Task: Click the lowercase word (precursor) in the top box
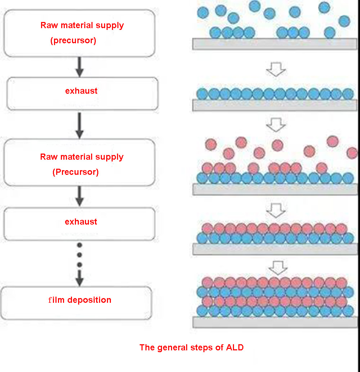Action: pyautogui.click(x=73, y=41)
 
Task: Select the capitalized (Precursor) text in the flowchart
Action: pyautogui.click(x=76, y=172)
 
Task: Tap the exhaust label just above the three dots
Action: pyautogui.click(x=81, y=222)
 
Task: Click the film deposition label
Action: pyautogui.click(x=80, y=300)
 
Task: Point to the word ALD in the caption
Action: pyautogui.click(x=235, y=347)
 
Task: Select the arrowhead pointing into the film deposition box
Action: pyautogui.click(x=80, y=280)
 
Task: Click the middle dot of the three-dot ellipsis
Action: pyautogui.click(x=80, y=255)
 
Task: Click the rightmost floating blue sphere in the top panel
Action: pyautogui.click(x=344, y=21)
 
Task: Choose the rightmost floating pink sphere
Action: pyautogui.click(x=352, y=153)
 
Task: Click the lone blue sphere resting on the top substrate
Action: pyautogui.click(x=329, y=33)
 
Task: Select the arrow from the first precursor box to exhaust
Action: pyautogui.click(x=80, y=67)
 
